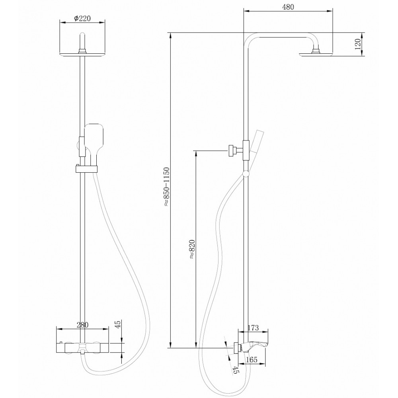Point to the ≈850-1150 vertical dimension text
coord(166,187)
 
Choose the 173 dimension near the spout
coord(253,328)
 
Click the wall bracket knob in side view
coord(231,150)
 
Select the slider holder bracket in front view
coord(86,168)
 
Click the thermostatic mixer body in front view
coord(83,347)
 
